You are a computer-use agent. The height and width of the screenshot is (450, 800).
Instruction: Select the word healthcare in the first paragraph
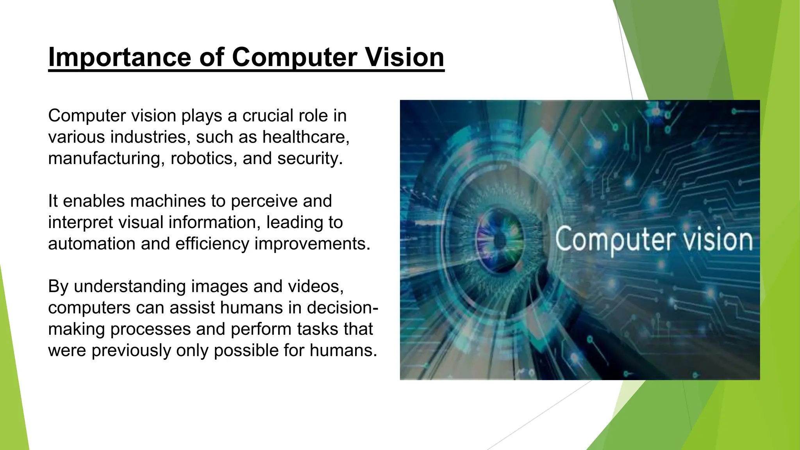click(305, 137)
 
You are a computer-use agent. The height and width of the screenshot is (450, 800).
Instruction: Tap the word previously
click(131, 350)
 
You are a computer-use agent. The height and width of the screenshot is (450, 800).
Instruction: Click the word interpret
click(80, 223)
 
